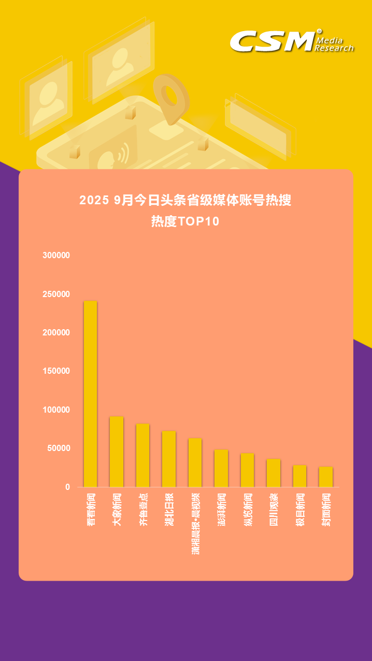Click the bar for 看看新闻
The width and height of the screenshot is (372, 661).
(90, 394)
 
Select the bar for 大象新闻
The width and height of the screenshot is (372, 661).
(117, 452)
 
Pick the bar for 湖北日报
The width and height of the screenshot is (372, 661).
(169, 459)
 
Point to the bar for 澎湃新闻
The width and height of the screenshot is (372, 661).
(221, 468)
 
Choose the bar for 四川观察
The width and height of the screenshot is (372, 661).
(274, 473)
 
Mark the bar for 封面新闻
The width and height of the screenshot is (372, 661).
(326, 476)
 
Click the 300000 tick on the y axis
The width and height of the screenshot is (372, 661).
(56, 256)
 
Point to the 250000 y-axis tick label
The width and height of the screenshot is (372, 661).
(56, 294)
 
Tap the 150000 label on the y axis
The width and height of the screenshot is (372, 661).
(56, 371)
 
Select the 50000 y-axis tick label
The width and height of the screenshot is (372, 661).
(59, 448)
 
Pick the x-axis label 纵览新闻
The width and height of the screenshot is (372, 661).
(248, 510)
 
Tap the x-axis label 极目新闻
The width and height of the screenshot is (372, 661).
(300, 510)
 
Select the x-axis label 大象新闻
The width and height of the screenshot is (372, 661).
(117, 510)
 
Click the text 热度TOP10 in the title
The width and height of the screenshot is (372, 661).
(185, 222)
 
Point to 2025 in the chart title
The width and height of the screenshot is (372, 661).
(93, 200)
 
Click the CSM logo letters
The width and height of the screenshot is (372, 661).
(272, 41)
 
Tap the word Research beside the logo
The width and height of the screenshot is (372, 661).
(335, 48)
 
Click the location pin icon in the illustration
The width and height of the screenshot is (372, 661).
(170, 99)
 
